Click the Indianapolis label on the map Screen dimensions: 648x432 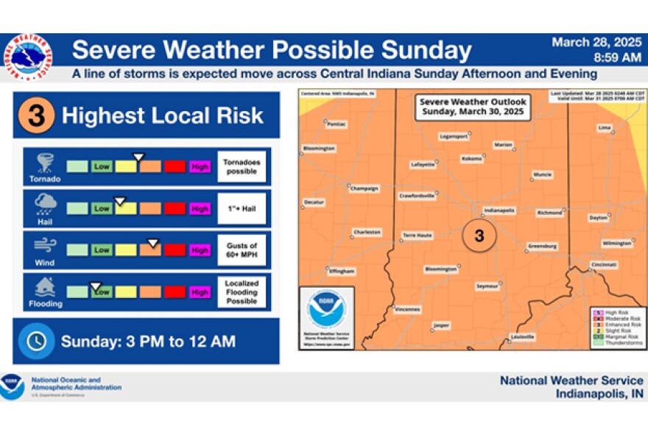point(500,210)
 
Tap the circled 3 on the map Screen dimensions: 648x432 point(479,236)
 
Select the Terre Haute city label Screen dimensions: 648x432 point(418,235)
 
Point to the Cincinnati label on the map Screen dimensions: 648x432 point(603,264)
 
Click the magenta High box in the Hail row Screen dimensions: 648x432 point(200,208)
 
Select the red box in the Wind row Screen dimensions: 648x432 point(175,250)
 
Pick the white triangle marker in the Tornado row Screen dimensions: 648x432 point(138,157)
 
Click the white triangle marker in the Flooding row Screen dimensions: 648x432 point(96,286)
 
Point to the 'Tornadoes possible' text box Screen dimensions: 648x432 point(242,167)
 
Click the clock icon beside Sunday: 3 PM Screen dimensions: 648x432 point(36,341)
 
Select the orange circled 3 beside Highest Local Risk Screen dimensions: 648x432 point(36,115)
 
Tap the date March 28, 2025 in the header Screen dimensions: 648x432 point(596,43)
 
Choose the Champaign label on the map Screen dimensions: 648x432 point(364,188)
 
